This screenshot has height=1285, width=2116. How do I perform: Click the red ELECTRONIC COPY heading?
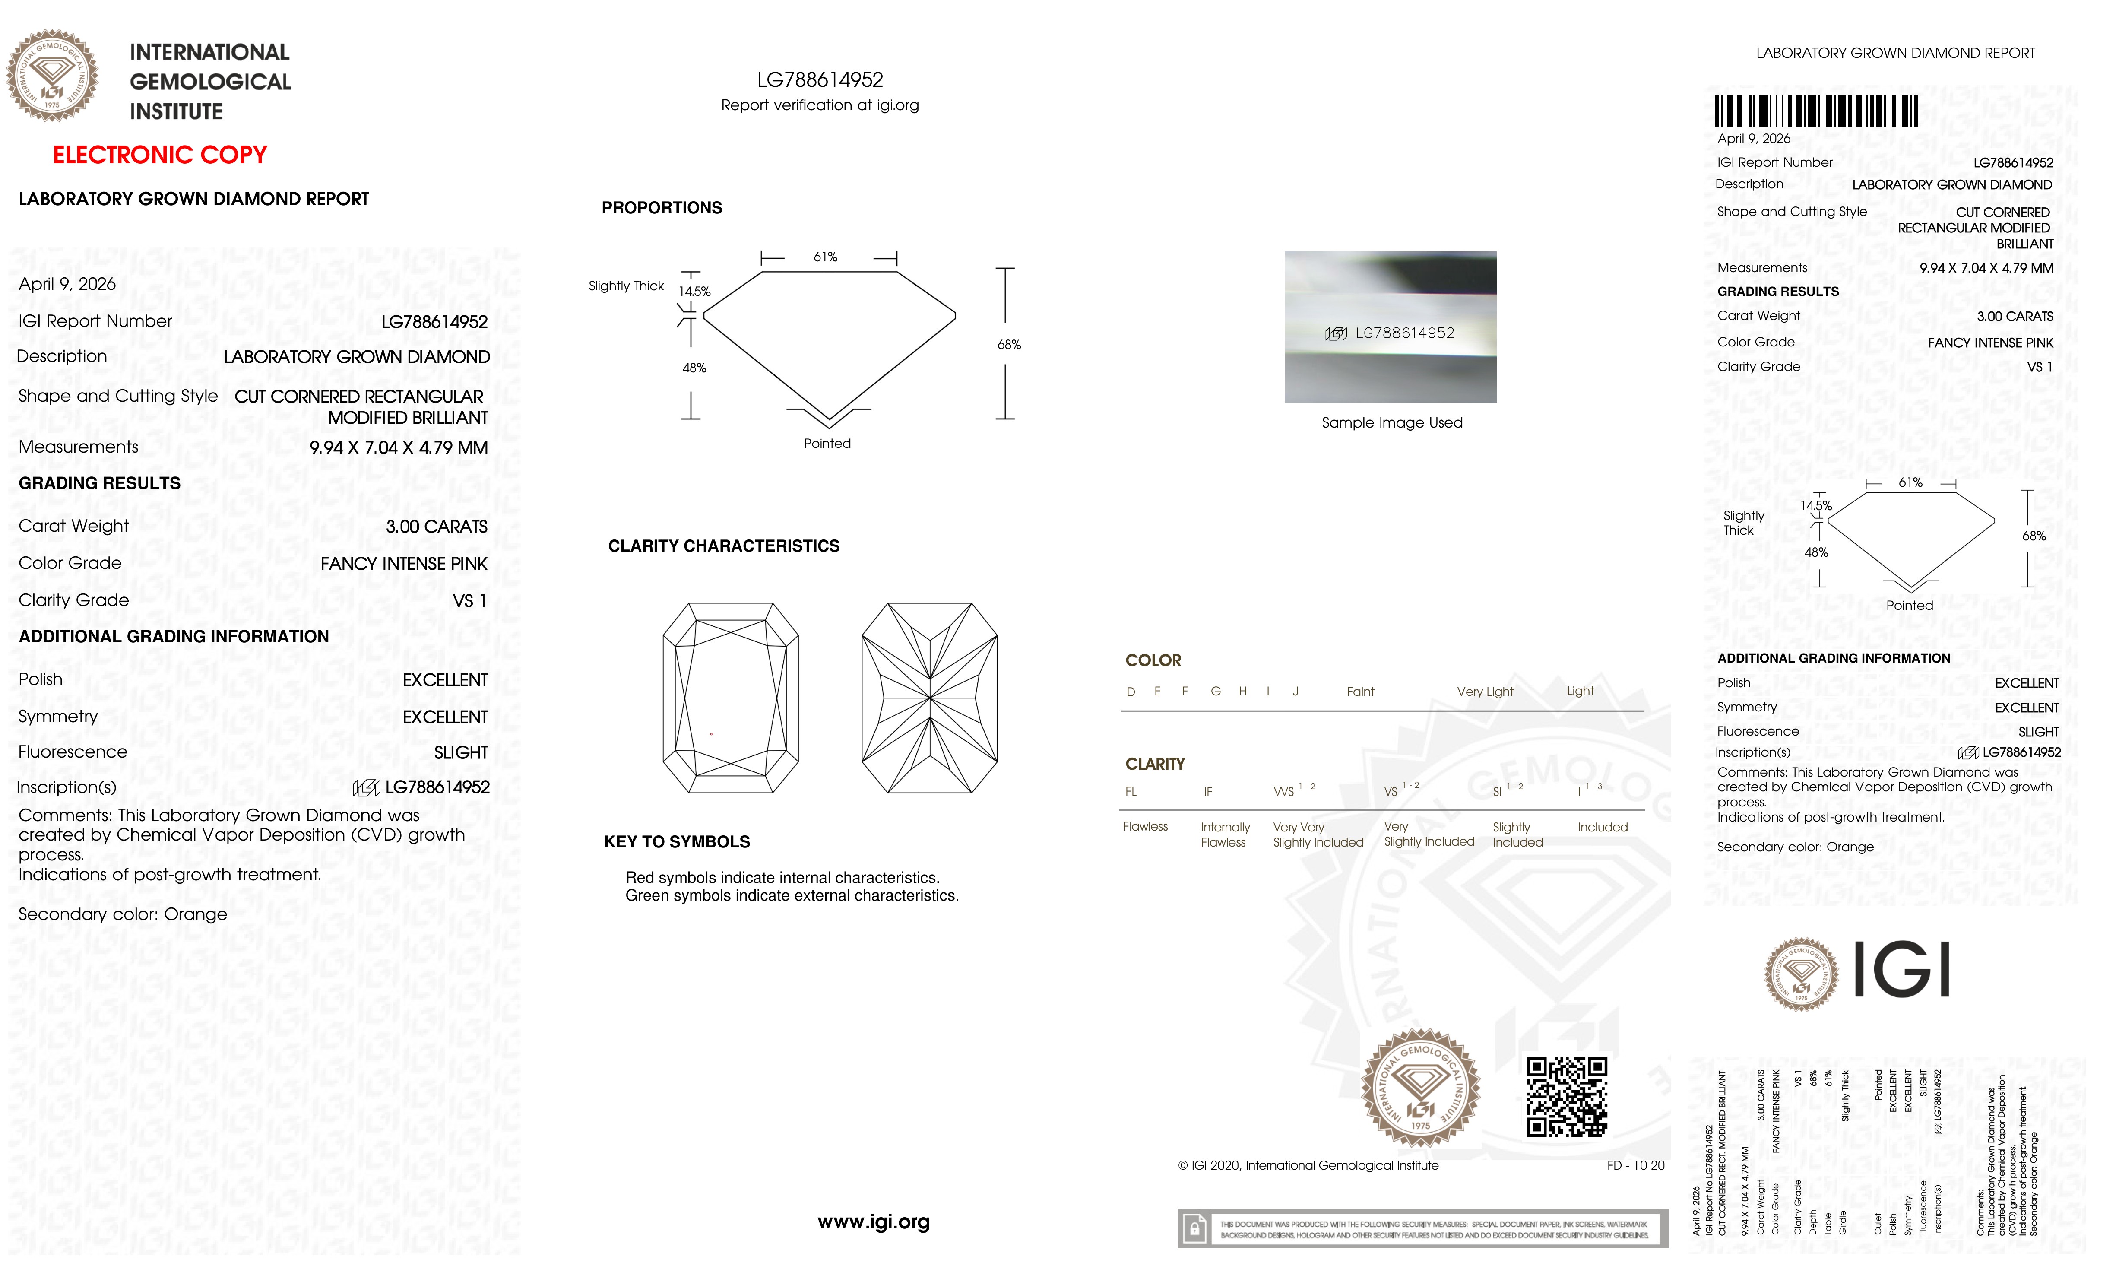pos(160,155)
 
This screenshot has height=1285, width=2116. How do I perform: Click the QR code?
pos(1566,1097)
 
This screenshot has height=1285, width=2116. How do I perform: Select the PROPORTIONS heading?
pos(661,208)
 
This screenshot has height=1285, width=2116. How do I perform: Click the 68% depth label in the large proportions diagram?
pos(1009,344)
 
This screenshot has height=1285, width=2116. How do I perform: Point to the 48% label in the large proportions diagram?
pos(694,368)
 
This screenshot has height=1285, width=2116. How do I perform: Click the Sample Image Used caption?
pos(1391,422)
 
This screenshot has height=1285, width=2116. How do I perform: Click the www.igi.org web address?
pos(873,1222)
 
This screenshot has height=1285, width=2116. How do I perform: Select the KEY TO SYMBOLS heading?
pos(677,842)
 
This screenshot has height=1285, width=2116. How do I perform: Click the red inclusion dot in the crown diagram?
pos(711,733)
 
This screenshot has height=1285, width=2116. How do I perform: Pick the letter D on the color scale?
pos(1131,692)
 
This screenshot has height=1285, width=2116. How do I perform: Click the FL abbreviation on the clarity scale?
pos(1131,791)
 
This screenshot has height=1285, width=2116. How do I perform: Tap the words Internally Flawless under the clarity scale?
pos(1225,834)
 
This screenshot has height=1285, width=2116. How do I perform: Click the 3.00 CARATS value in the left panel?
pos(436,527)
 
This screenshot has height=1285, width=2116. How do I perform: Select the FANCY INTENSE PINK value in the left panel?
pos(404,564)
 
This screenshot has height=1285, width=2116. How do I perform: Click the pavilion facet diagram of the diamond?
pos(929,698)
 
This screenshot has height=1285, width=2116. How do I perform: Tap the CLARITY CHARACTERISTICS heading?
pos(723,546)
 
